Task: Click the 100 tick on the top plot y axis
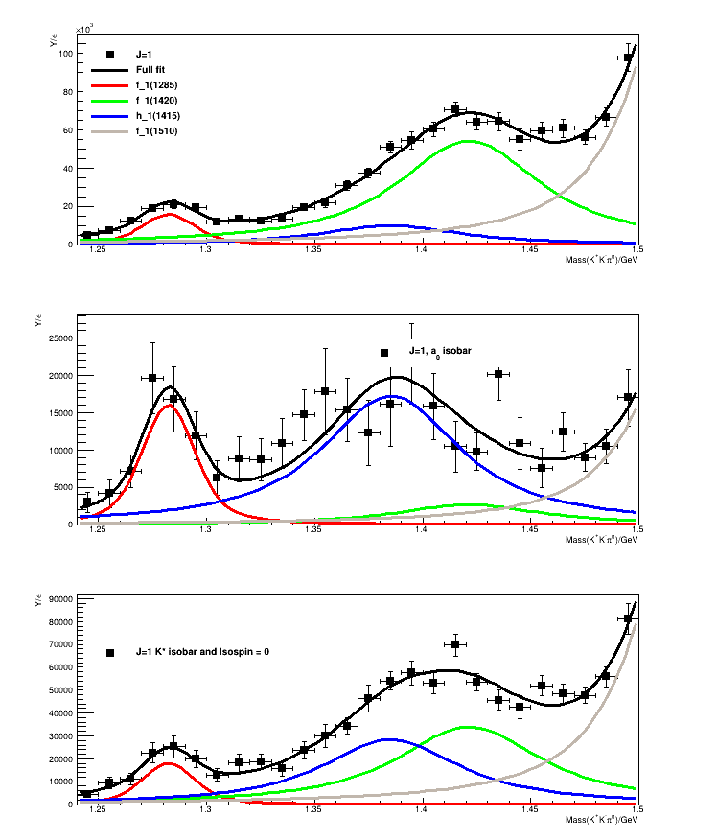click(x=67, y=54)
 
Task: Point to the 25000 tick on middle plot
click(x=61, y=338)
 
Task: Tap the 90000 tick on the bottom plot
click(x=61, y=599)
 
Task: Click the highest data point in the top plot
click(x=629, y=58)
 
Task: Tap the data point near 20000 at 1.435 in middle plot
click(x=498, y=373)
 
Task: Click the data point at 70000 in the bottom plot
click(x=455, y=644)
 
